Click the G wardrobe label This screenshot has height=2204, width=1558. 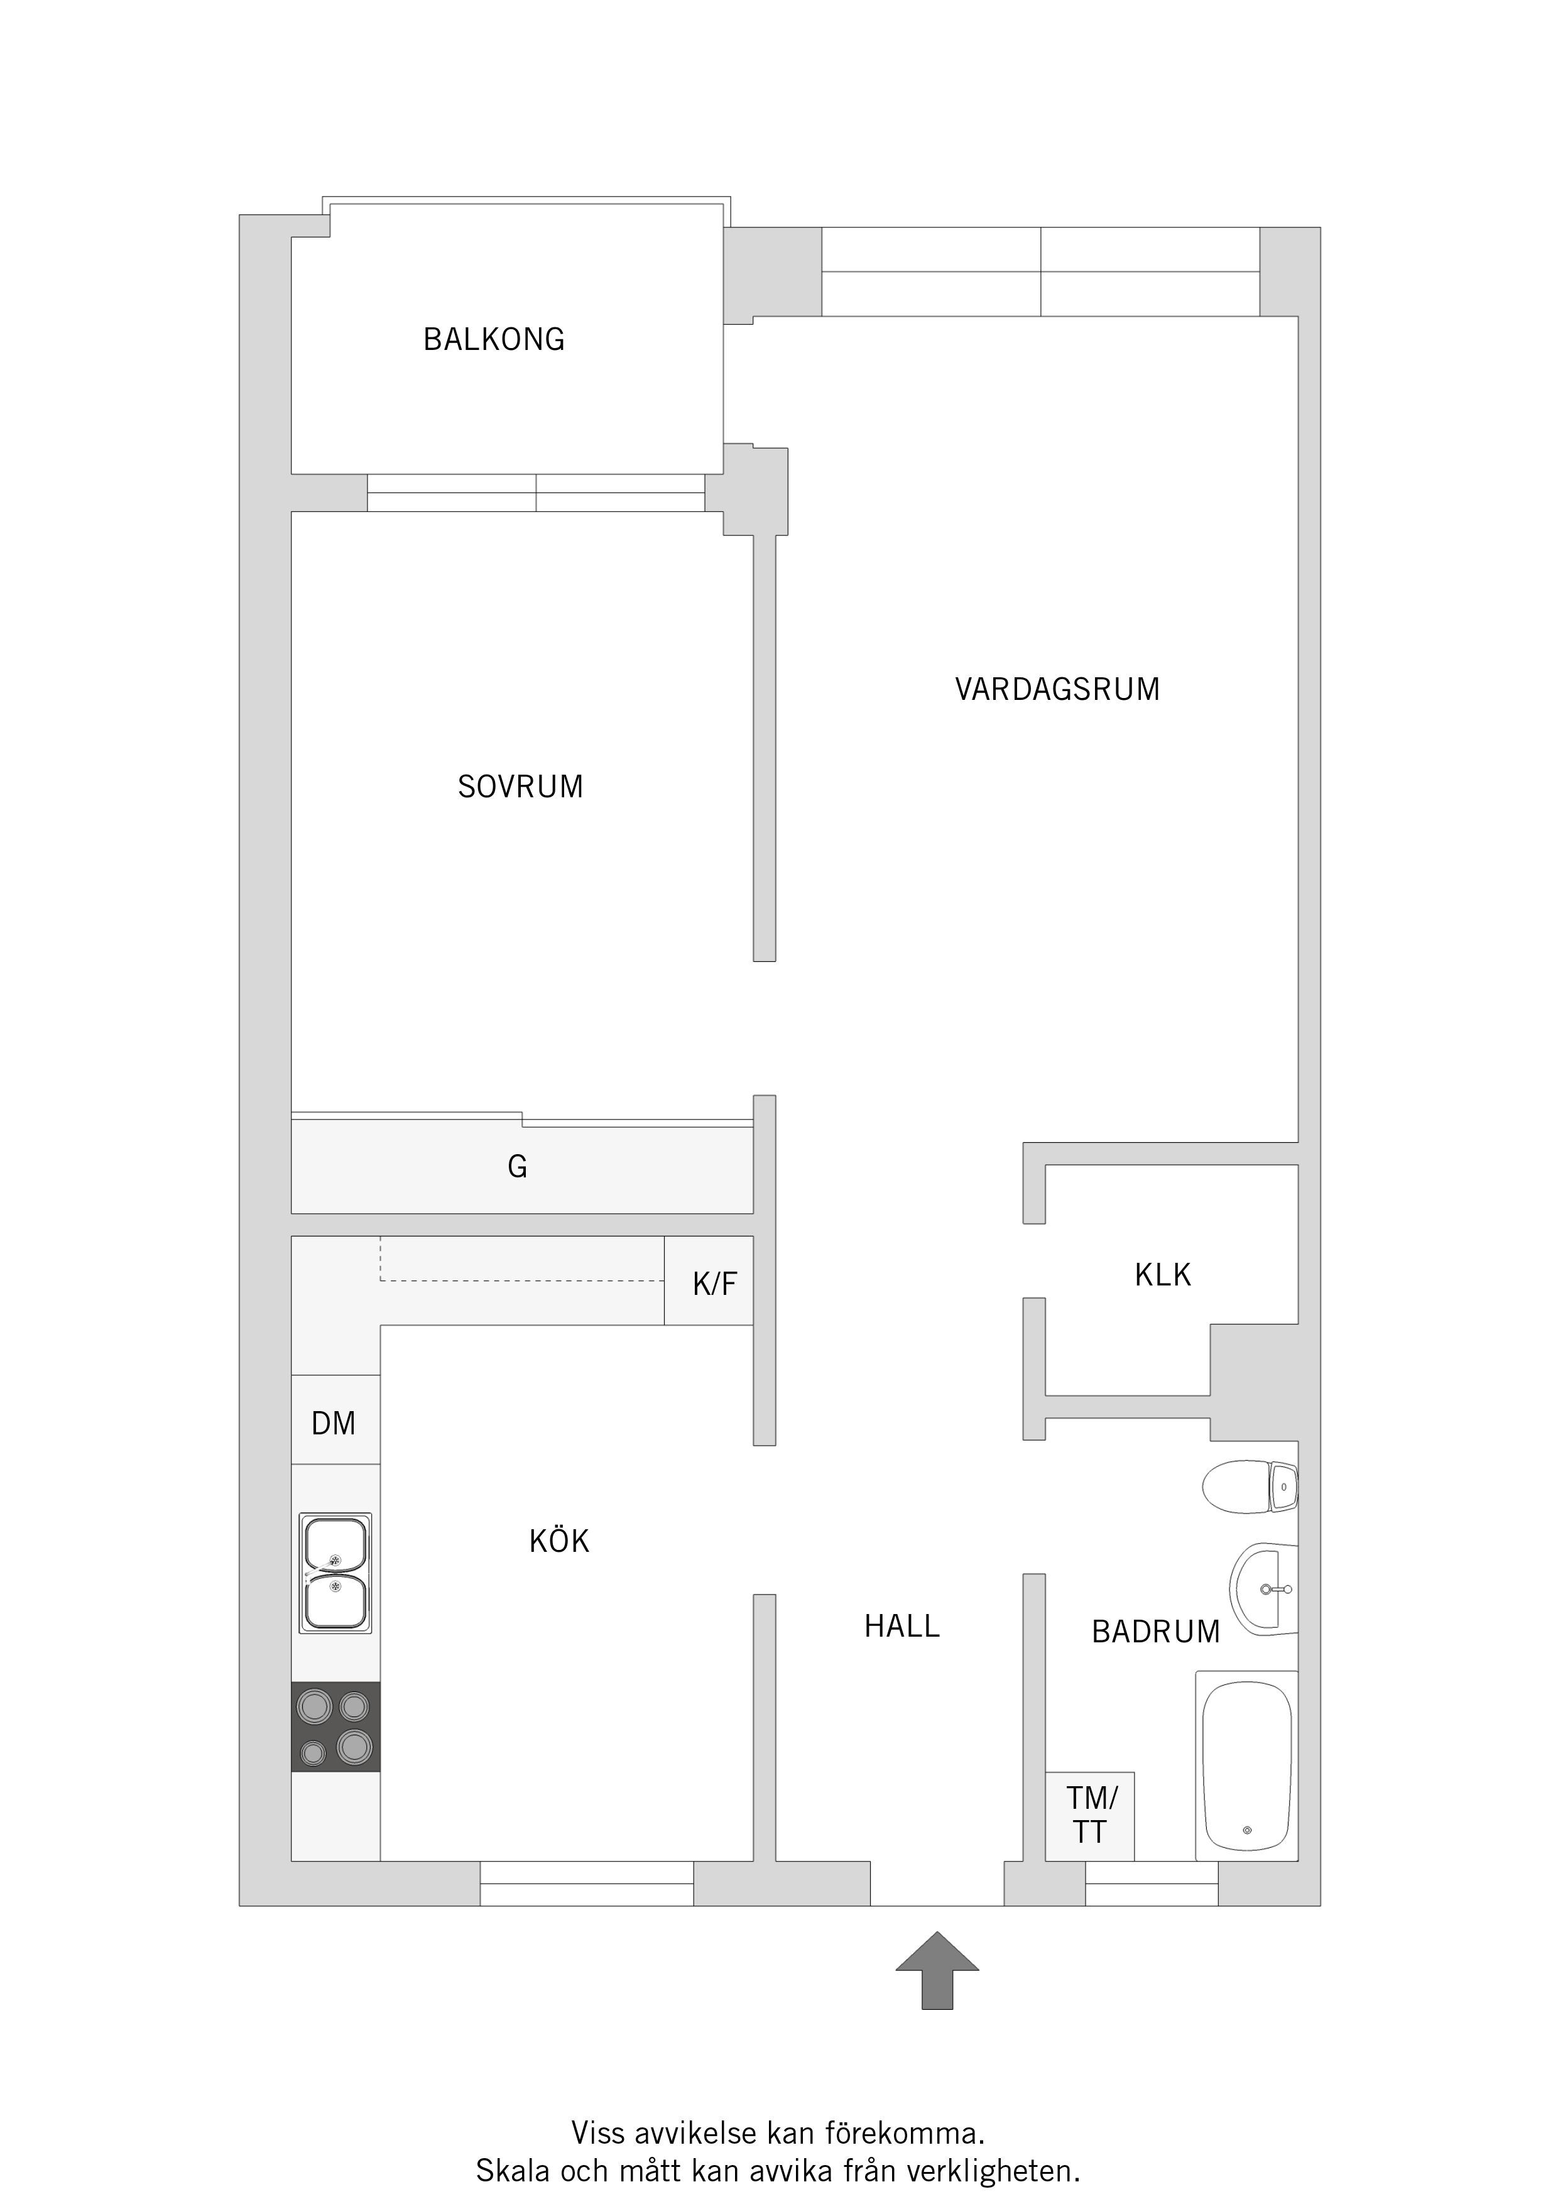(x=518, y=1166)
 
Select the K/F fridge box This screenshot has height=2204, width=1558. (x=709, y=1280)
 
